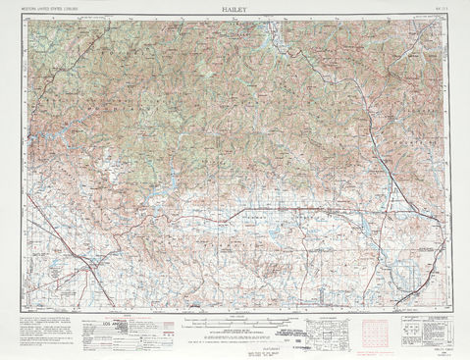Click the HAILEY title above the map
click(x=235, y=6)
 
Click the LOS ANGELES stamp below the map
click(x=122, y=321)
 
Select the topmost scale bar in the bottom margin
click(x=235, y=318)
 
